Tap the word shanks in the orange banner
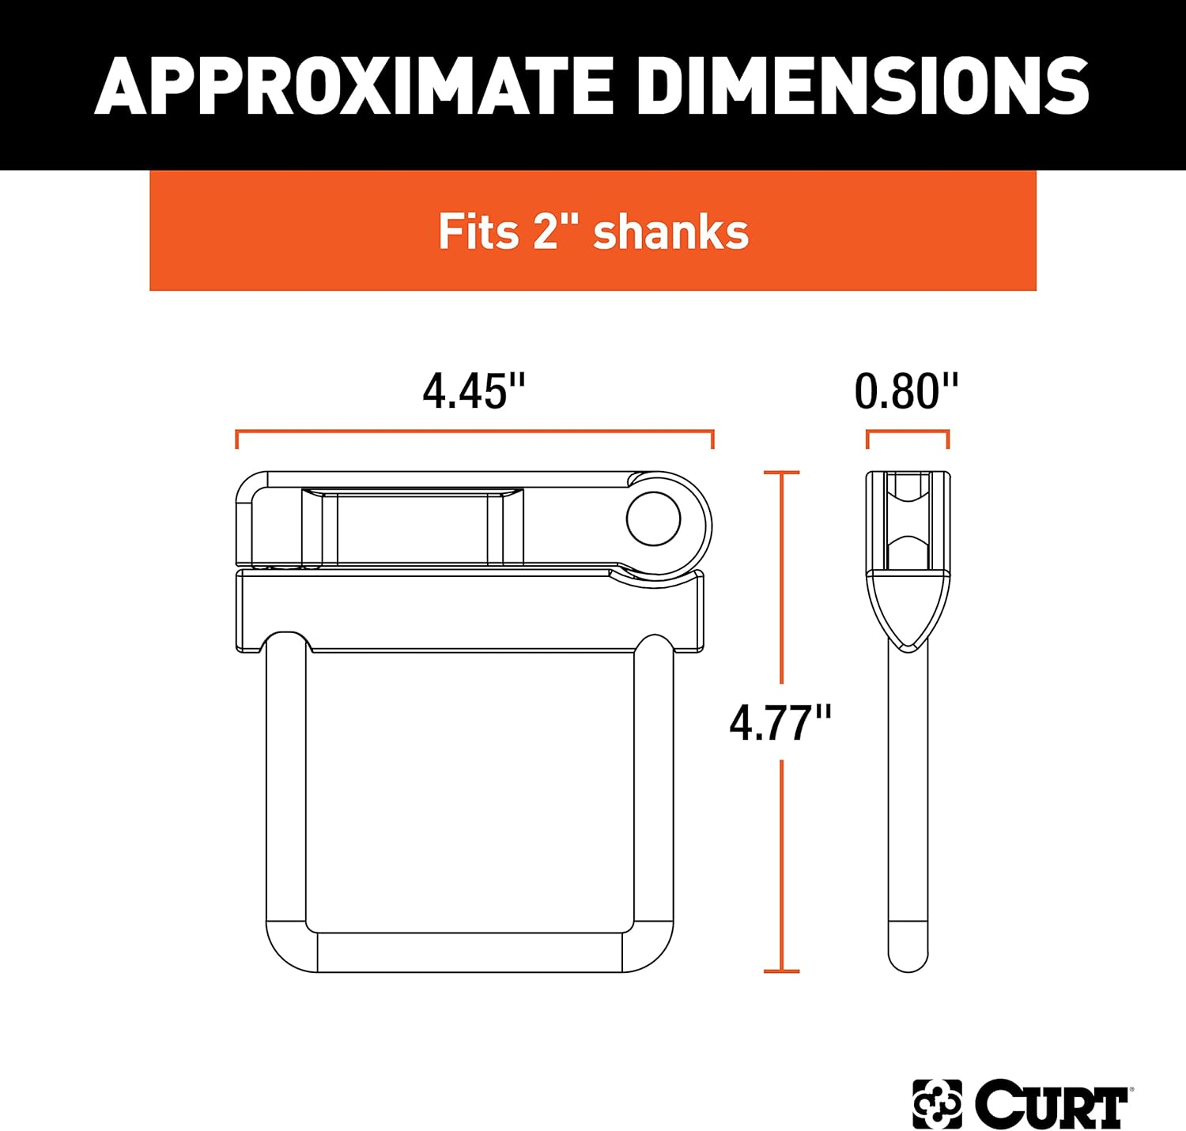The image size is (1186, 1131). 670,232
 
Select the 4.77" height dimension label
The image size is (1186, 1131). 780,722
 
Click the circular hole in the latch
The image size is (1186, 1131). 653,518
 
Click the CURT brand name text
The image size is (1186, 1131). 1052,1103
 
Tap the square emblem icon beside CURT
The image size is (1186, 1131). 937,1103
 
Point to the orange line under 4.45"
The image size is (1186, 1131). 474,432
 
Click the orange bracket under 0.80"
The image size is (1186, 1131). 907,432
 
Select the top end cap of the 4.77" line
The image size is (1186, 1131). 781,473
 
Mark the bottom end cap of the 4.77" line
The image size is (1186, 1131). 781,971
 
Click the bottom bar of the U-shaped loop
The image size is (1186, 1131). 470,952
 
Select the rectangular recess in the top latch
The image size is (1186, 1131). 412,528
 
